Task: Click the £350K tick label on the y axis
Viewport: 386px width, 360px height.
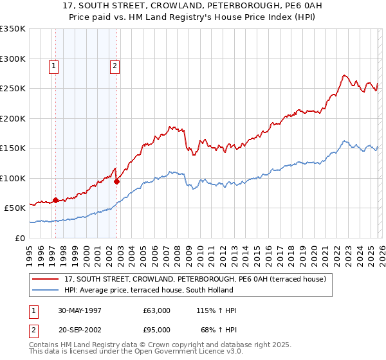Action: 13,29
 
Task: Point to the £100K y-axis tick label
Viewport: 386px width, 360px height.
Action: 13,178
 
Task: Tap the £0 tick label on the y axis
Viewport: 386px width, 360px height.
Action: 19,238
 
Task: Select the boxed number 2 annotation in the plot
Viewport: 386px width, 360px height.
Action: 115,65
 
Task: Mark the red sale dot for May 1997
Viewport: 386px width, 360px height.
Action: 56,200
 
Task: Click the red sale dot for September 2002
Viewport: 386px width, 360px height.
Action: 116,181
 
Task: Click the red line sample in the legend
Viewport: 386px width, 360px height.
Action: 46,280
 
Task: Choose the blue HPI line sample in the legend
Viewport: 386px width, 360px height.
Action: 46,290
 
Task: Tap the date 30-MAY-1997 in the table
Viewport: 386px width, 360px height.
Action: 80,310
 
